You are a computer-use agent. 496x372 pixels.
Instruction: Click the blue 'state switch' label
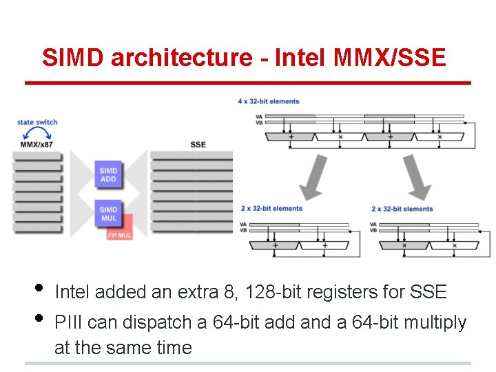(x=37, y=123)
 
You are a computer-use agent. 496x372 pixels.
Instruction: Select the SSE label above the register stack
(x=198, y=145)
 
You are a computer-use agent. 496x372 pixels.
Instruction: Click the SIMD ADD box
(x=108, y=175)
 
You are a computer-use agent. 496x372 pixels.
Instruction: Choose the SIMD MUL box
(x=108, y=214)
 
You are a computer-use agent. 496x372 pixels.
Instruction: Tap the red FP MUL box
(x=121, y=234)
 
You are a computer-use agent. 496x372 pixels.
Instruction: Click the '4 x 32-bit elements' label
(x=269, y=102)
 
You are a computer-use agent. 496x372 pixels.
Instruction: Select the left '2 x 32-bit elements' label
(x=271, y=209)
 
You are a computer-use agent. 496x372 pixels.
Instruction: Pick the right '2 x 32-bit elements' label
(x=402, y=209)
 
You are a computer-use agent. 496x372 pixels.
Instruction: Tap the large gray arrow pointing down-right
(x=416, y=178)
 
